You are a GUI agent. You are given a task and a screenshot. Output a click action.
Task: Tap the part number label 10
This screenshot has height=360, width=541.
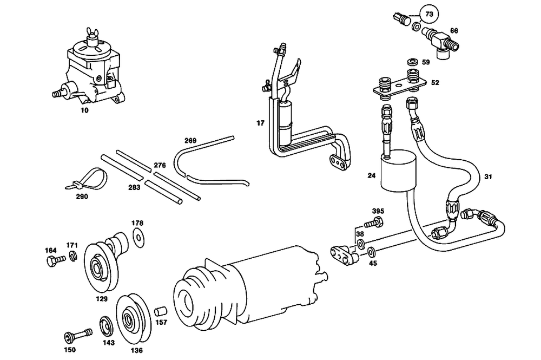[x=84, y=109]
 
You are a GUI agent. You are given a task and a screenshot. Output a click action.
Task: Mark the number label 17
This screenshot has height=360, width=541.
[x=260, y=123]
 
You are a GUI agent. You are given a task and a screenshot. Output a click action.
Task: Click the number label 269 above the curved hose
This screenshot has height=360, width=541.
[x=189, y=140]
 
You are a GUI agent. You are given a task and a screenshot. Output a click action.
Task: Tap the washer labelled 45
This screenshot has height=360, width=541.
[x=372, y=252]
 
